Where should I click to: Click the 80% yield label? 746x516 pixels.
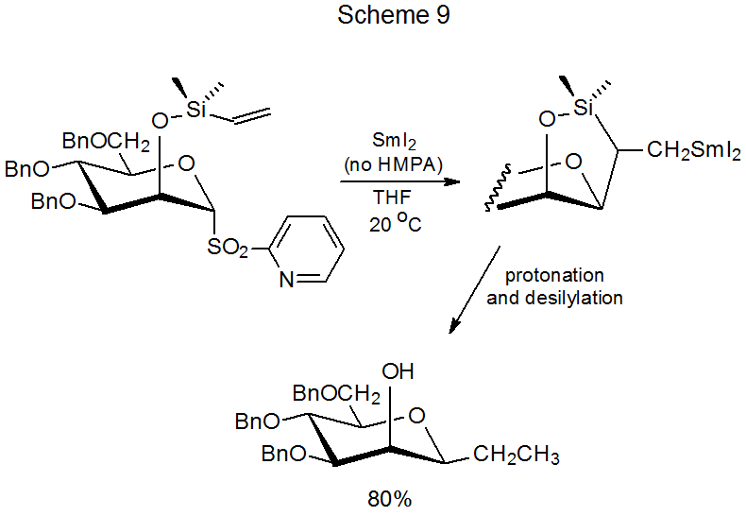[390, 499]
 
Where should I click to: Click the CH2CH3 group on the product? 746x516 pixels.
[516, 456]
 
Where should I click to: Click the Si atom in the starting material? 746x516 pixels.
[196, 110]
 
